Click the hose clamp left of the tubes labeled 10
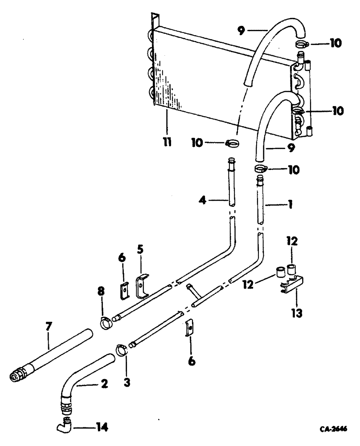pos(233,143)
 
